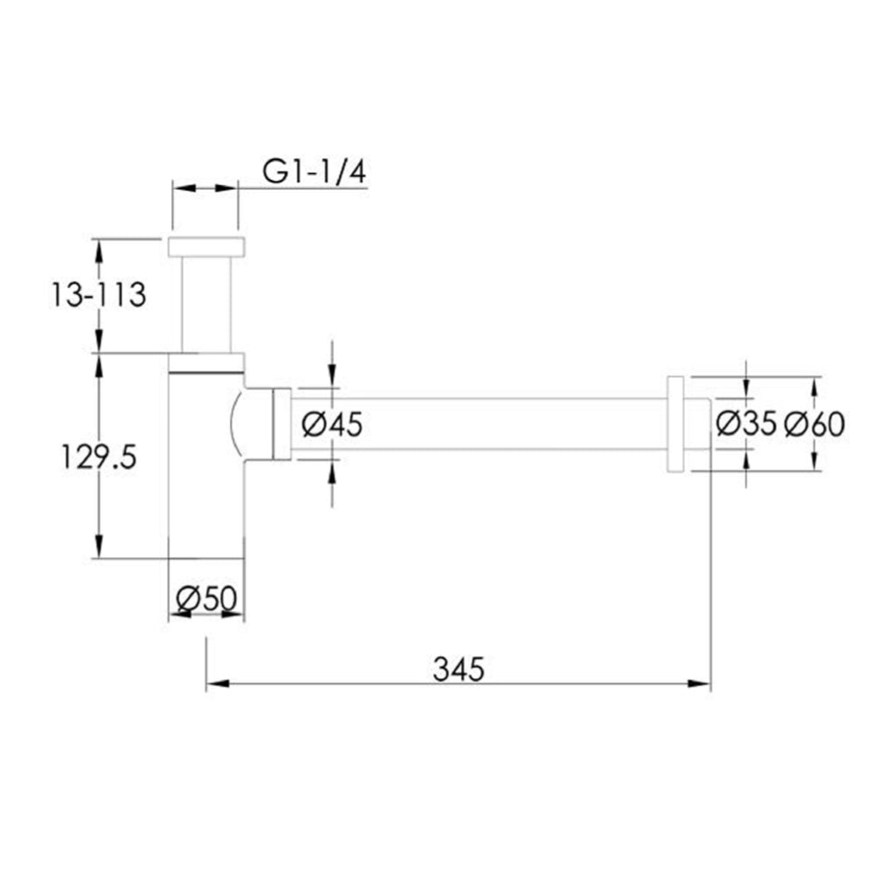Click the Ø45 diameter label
pos(331,425)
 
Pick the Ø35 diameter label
pos(745,424)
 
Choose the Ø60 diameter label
pos(814,424)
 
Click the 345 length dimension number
pos(458,670)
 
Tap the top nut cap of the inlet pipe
pos(206,247)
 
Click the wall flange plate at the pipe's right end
pos(676,424)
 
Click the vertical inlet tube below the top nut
pos(206,303)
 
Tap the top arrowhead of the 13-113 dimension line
pos(99,248)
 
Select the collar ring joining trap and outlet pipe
pos(282,424)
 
